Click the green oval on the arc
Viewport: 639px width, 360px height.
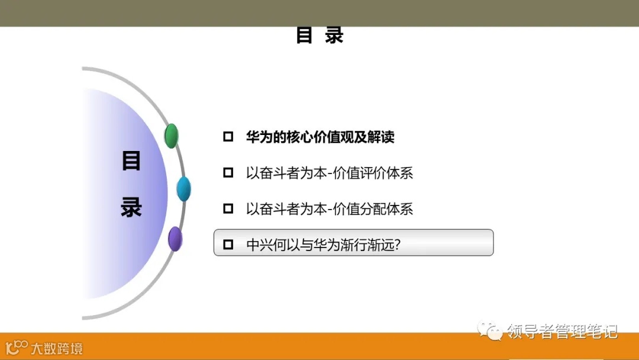[x=171, y=136]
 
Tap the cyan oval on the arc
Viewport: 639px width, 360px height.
[x=183, y=189]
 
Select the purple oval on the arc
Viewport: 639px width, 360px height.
[x=175, y=239]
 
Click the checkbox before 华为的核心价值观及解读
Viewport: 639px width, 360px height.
[x=228, y=137]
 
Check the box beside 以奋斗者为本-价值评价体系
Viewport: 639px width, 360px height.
[x=228, y=173]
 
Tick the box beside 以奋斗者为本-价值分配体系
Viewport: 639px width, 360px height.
[x=228, y=208]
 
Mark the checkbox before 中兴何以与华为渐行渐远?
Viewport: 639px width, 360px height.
[x=228, y=244]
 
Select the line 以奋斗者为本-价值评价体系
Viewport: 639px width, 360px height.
[x=330, y=173]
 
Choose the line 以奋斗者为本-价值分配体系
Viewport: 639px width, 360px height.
[x=330, y=208]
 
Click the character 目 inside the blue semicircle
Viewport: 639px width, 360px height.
[x=131, y=161]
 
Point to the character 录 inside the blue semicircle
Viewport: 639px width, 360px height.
[x=131, y=207]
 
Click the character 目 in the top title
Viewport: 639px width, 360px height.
[x=304, y=36]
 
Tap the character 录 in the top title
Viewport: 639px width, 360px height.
[x=334, y=36]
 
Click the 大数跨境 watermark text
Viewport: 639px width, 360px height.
[x=57, y=348]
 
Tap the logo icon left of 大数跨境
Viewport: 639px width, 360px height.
[x=17, y=346]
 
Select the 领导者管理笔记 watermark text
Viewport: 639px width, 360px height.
[x=562, y=330]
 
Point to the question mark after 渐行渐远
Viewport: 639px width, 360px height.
[x=397, y=244]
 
